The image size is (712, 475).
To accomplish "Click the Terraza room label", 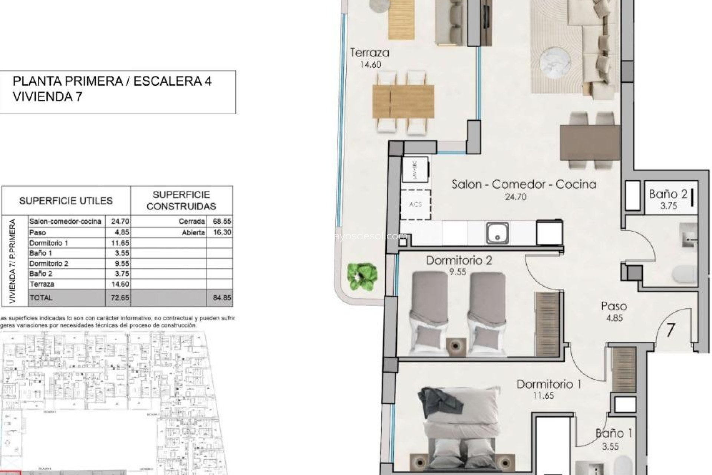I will coord(370,53).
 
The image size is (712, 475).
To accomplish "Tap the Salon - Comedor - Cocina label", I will coord(524,184).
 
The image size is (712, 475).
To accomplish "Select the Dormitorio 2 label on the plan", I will coord(459,260).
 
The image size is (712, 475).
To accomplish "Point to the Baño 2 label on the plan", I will coord(668,194).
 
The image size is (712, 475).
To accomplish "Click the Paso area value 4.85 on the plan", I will coord(614,318).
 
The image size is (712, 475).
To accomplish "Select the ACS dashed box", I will coord(415,204).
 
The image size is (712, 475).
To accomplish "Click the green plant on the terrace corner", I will coord(362,276).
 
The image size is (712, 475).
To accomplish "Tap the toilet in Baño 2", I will coord(684,276).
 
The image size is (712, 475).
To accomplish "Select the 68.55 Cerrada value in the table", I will coord(222,221).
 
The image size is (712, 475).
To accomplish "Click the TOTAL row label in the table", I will coord(41,298).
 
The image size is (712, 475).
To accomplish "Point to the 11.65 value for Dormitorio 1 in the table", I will coord(120,243).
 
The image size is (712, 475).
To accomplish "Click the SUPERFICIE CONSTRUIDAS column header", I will coord(181,200).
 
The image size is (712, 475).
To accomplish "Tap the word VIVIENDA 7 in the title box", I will coord(47,97).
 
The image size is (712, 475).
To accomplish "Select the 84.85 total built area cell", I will coord(222,298).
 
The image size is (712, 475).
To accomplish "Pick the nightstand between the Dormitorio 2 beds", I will coord(457,345).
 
